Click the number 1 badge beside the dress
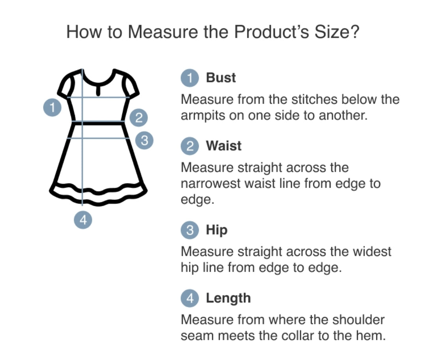click(x=52, y=108)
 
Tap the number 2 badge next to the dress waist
click(x=138, y=118)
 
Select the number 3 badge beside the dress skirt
click(x=144, y=140)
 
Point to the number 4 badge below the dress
click(x=83, y=220)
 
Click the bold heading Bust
click(x=221, y=78)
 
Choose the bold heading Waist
click(x=224, y=146)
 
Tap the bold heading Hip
click(x=217, y=230)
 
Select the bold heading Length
click(x=228, y=298)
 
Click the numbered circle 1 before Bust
click(x=190, y=78)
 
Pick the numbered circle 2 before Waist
click(x=190, y=146)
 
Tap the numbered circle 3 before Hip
click(x=190, y=230)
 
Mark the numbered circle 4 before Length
click(x=190, y=298)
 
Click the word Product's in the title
click(x=271, y=32)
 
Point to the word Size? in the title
click(x=337, y=32)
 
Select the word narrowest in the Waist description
click(x=211, y=183)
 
